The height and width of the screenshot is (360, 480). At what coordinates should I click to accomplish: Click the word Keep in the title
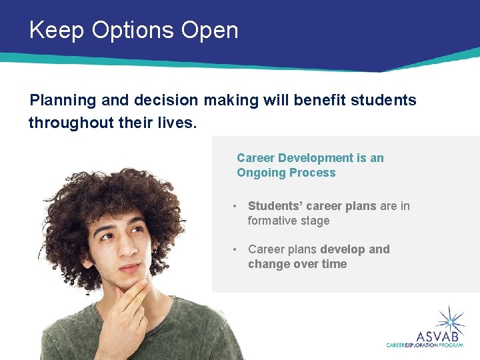[x=56, y=31]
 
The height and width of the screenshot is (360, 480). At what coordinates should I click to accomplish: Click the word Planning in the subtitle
[x=63, y=101]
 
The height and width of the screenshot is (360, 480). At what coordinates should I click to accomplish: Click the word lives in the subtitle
[x=179, y=123]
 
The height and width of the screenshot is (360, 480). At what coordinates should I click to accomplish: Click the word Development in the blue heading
[x=315, y=158]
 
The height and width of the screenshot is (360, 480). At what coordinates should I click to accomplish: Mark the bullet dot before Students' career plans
[x=235, y=207]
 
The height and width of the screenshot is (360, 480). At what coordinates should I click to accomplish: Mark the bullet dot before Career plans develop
[x=235, y=249]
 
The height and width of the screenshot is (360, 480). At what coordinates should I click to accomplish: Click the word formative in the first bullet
[x=271, y=221]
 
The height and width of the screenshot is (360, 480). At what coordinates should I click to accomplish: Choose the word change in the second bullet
[x=267, y=264]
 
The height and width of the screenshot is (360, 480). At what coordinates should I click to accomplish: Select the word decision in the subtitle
[x=166, y=101]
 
